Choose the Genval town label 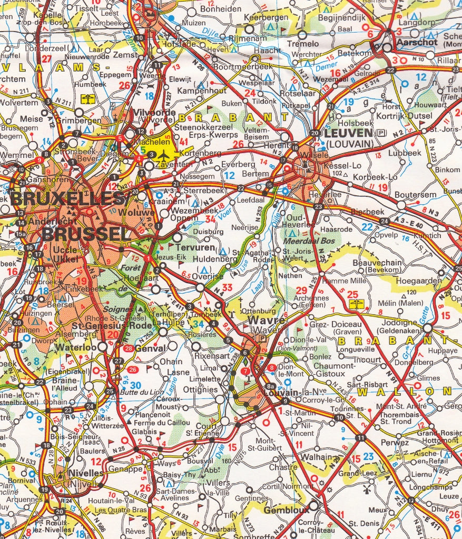pos(151,348)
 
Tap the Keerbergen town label pos(272,17)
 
